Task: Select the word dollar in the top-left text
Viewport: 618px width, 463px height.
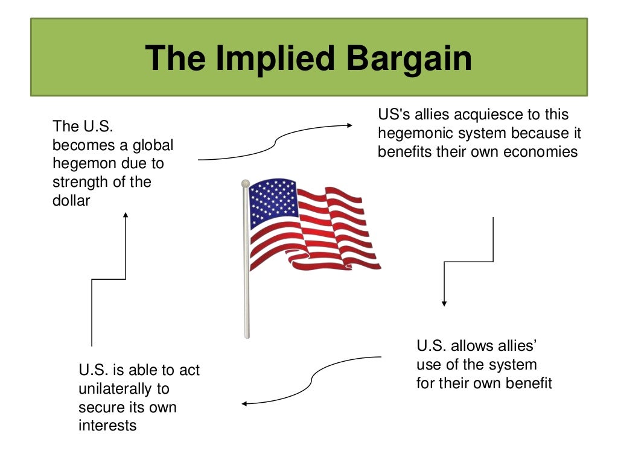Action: tap(71, 200)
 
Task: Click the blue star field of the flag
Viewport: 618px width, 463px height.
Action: tap(273, 201)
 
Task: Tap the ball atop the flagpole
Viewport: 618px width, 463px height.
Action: tap(245, 183)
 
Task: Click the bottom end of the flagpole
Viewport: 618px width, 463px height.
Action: tap(247, 335)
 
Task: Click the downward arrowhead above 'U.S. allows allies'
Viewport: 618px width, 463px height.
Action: tap(444, 303)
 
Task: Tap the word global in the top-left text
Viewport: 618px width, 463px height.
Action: tap(153, 145)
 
